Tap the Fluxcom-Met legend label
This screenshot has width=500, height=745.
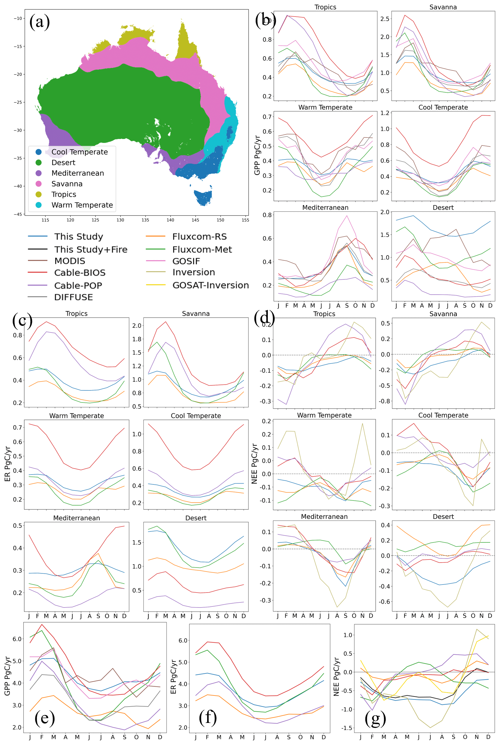(x=202, y=249)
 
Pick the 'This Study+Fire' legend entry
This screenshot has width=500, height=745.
(x=90, y=249)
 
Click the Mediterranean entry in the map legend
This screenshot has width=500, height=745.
(x=77, y=173)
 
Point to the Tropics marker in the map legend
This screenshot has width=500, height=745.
(x=39, y=194)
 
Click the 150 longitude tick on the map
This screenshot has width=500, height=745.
(x=220, y=220)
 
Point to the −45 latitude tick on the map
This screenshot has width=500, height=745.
(x=18, y=214)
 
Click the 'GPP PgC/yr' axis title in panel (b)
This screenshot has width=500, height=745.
(x=257, y=155)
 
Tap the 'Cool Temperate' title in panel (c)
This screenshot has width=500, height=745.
(x=196, y=416)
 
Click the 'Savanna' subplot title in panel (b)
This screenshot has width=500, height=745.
(x=443, y=7)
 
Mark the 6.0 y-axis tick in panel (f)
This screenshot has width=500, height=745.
(x=183, y=641)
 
